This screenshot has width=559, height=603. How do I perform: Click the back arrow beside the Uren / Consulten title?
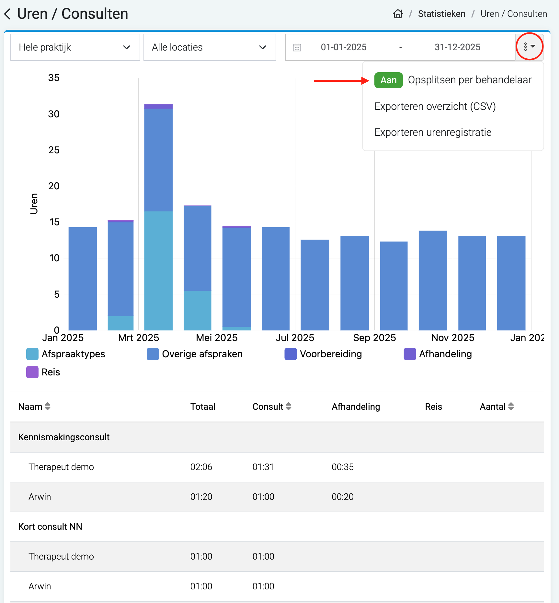pos(7,14)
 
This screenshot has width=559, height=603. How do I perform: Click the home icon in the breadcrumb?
pos(398,14)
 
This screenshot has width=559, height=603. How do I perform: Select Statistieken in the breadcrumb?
pos(441,14)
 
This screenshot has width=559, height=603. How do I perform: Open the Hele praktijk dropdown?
pos(75,47)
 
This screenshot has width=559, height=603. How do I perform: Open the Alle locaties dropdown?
pos(210,47)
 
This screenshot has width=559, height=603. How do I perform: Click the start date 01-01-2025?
pos(344,47)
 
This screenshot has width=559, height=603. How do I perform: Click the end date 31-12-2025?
pos(457,47)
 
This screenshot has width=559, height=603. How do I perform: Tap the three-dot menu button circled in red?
pos(529,47)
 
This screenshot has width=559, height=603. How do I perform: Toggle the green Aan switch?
pos(388,80)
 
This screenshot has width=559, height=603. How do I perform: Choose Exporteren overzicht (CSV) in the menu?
pos(435,106)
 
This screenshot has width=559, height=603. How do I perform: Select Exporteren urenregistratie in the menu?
pos(433,132)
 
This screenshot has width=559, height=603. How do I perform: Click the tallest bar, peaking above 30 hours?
pos(158,217)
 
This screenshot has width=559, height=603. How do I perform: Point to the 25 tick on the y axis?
pos(54,150)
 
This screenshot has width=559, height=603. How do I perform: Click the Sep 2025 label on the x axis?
pos(374,338)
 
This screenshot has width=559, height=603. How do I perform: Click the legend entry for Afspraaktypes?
pos(66,354)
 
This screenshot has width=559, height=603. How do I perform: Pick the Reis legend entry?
pos(43,372)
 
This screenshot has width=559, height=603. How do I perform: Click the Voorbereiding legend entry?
pos(323,354)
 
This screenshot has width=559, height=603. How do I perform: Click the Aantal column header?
pos(496,407)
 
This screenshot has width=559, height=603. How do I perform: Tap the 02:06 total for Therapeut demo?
pos(201,467)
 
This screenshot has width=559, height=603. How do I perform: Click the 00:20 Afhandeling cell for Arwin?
pos(343,497)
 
